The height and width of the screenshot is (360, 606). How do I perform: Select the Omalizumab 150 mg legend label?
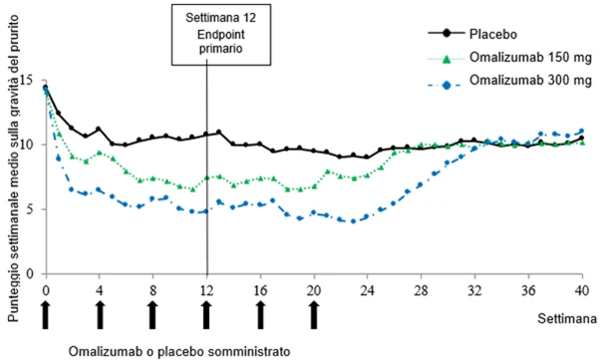tap(530, 57)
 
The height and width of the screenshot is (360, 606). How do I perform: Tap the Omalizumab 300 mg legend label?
tap(530, 80)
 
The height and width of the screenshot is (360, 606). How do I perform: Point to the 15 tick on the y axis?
tap(37, 80)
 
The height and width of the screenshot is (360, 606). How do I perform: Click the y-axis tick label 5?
tap(39, 209)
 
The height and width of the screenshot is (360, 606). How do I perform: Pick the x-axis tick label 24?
tap(367, 290)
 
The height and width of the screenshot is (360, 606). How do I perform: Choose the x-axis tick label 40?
tap(582, 290)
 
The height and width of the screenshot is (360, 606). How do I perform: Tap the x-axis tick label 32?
tap(474, 290)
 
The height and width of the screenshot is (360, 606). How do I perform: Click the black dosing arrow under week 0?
tap(46, 315)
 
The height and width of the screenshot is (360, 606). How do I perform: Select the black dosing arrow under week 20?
tap(314, 315)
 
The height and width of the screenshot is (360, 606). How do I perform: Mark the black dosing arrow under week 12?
tap(206, 315)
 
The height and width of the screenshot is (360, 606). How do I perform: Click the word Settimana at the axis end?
tap(566, 319)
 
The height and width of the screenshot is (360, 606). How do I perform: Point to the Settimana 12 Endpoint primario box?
tap(221, 35)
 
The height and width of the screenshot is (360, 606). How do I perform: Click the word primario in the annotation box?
tap(221, 49)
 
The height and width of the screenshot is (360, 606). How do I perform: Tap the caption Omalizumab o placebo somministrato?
tap(179, 352)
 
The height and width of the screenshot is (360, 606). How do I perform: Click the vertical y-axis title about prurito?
tap(14, 169)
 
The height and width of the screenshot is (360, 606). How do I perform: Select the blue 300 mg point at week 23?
tap(353, 221)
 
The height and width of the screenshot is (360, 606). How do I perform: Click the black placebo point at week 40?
tap(582, 138)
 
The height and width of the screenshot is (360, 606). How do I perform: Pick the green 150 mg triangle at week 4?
tap(100, 153)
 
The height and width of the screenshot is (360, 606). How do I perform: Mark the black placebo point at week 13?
tap(218, 132)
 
